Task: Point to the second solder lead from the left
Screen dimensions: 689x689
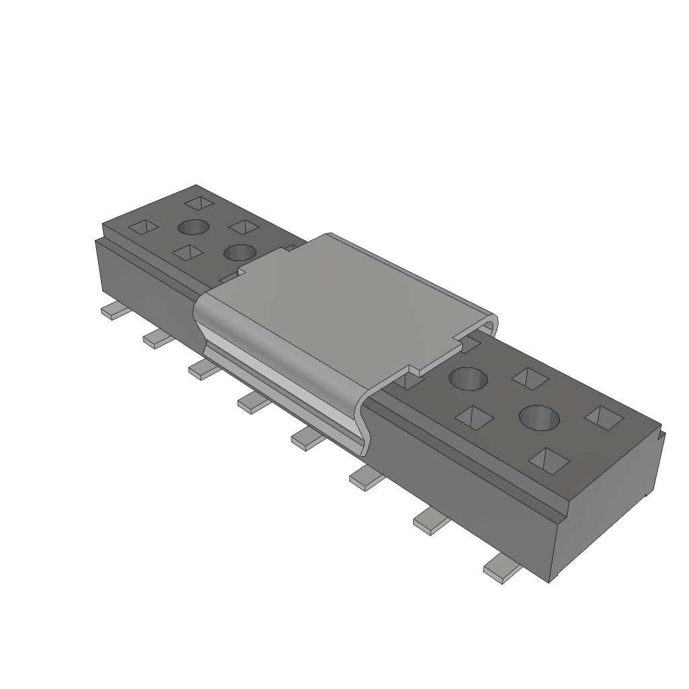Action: (x=159, y=338)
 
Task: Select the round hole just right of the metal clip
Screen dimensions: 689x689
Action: (x=468, y=379)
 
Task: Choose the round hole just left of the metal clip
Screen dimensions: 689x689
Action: (x=239, y=253)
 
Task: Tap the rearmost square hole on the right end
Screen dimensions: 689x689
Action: (x=530, y=377)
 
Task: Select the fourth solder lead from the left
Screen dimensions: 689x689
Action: (x=254, y=403)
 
